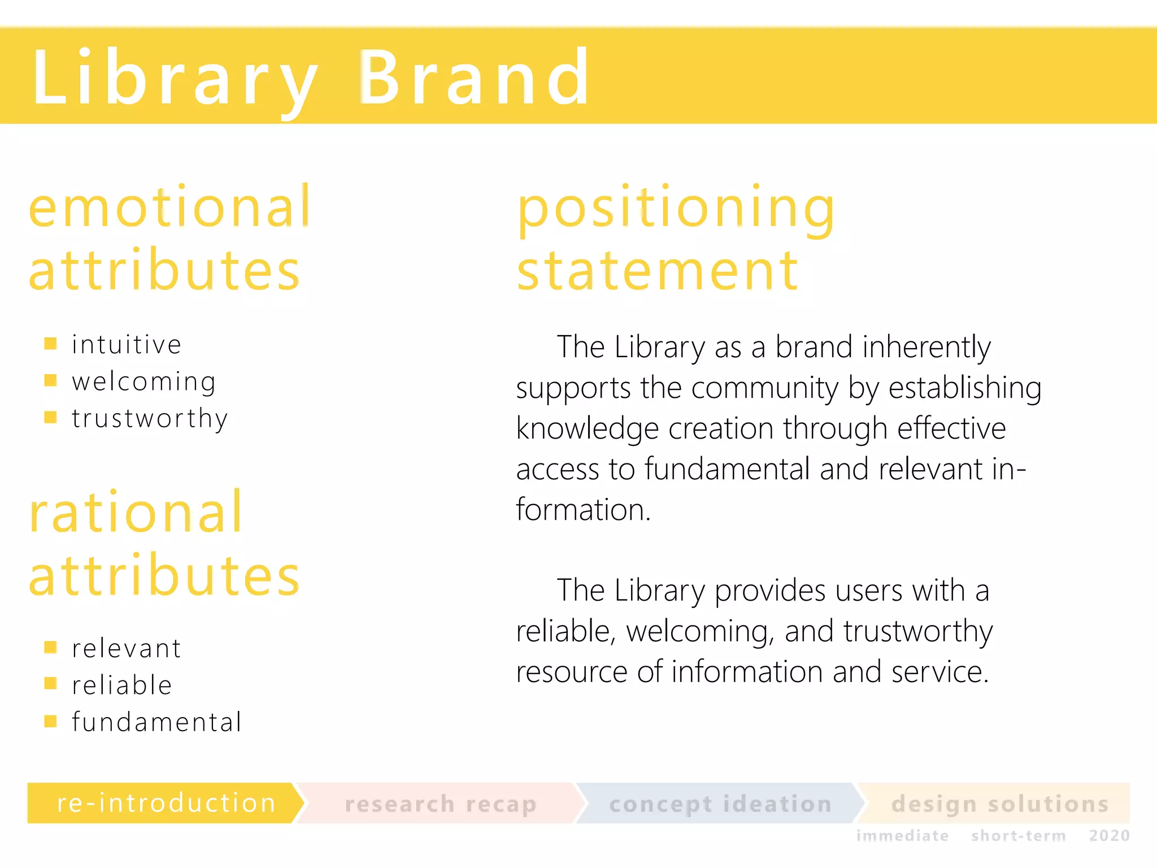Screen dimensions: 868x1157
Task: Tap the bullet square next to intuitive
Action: coord(50,344)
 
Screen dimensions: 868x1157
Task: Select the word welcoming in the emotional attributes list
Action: coord(144,382)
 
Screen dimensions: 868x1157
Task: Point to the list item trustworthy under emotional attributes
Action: coord(150,419)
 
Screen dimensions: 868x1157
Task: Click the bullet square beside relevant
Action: coord(50,647)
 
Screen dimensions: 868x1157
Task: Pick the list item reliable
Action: coord(122,685)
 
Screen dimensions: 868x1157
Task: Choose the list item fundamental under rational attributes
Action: coord(157,722)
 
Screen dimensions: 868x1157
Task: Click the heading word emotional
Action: coord(169,207)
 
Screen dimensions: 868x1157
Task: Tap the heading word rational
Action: coord(136,512)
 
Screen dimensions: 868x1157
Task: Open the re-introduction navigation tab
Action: coord(166,803)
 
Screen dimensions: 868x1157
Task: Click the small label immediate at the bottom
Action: coord(902,836)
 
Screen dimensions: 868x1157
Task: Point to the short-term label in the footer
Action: coord(1018,836)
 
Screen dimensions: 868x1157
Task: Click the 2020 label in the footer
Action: coord(1109,836)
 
